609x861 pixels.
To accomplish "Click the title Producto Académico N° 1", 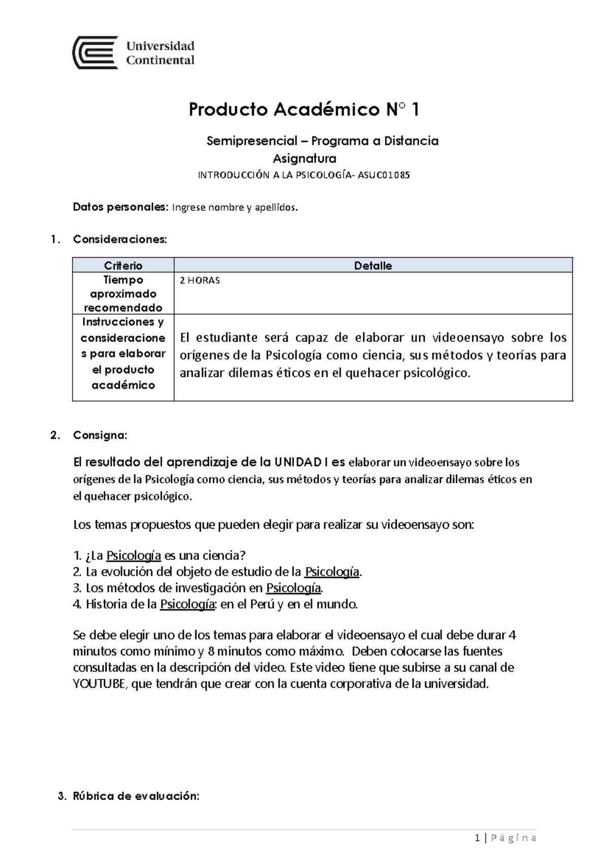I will point(304,110).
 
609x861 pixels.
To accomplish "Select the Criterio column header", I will point(123,266).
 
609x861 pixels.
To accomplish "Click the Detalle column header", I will point(373,266).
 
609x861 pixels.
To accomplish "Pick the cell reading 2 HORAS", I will point(200,281).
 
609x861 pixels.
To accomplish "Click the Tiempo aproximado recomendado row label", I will point(123,293).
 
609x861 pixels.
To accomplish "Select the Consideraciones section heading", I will point(120,239).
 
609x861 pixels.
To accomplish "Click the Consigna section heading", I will point(100,435).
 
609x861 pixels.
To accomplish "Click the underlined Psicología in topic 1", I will point(133,556).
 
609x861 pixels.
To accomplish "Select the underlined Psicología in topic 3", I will point(294,588).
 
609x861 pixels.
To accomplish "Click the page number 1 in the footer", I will point(477,838).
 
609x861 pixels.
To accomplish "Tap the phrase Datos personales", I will point(120,207).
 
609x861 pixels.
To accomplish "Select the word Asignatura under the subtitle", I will point(304,159).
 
